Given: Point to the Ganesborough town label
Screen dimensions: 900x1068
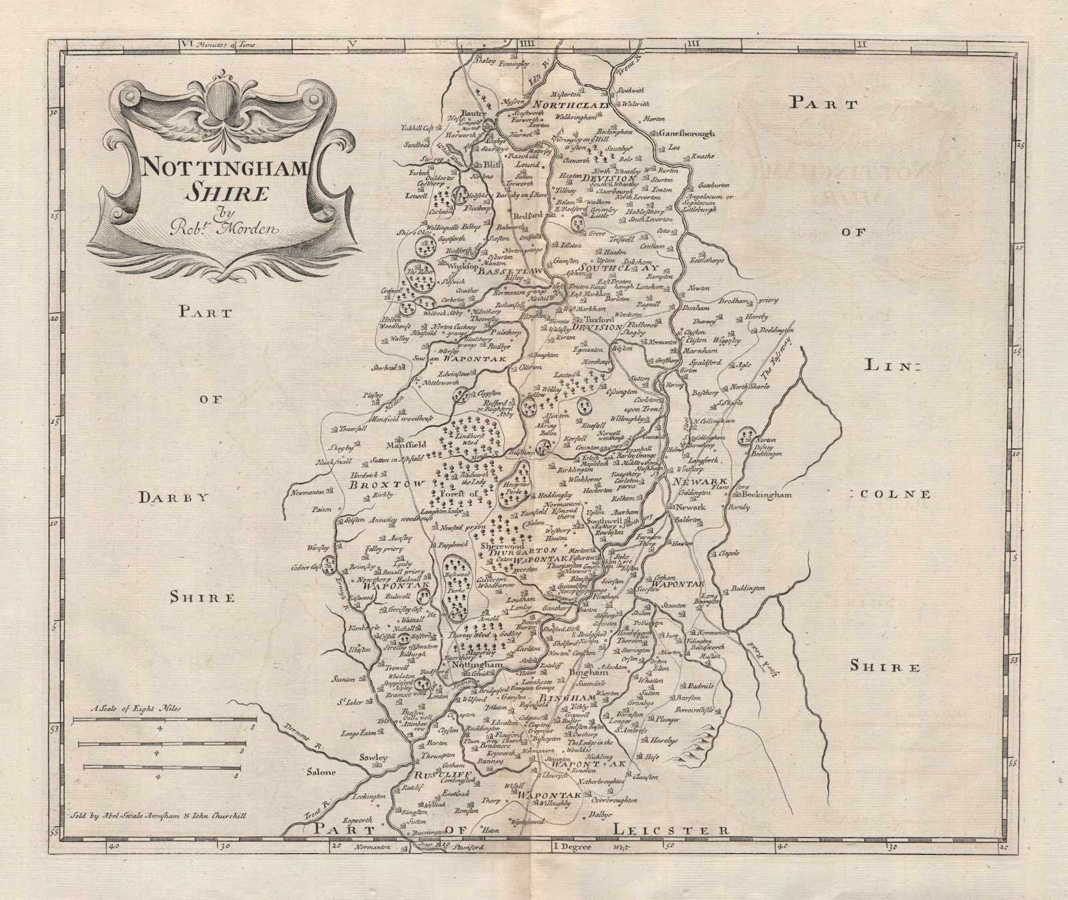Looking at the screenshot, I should click(x=686, y=134).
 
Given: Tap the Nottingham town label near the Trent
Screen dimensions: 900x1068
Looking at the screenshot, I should click(x=477, y=666).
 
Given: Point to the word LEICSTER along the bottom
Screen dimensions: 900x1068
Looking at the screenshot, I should click(x=670, y=829).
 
